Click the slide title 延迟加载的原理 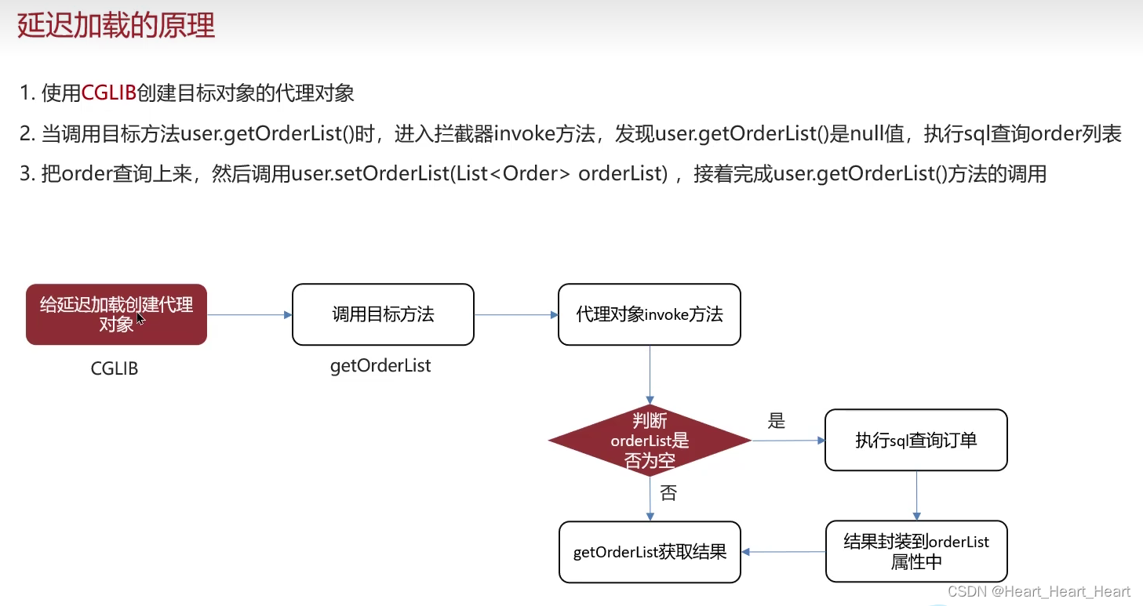tap(116, 26)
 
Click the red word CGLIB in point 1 tap(109, 94)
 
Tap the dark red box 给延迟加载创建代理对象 tap(116, 314)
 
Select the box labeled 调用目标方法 tap(383, 314)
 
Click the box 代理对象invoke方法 tap(649, 314)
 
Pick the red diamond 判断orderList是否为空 tap(650, 441)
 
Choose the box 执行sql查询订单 tap(915, 440)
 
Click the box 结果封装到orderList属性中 tap(915, 552)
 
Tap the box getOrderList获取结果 tap(650, 552)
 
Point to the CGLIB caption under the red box tap(115, 368)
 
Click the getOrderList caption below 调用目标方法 tap(380, 366)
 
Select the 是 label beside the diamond tap(776, 421)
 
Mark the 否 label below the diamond tap(668, 493)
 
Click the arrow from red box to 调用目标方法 tap(249, 315)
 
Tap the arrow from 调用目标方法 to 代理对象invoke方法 tap(515, 315)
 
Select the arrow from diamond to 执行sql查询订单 tap(788, 441)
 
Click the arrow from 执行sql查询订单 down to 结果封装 tap(916, 495)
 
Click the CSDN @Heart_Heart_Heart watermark tap(1039, 592)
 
